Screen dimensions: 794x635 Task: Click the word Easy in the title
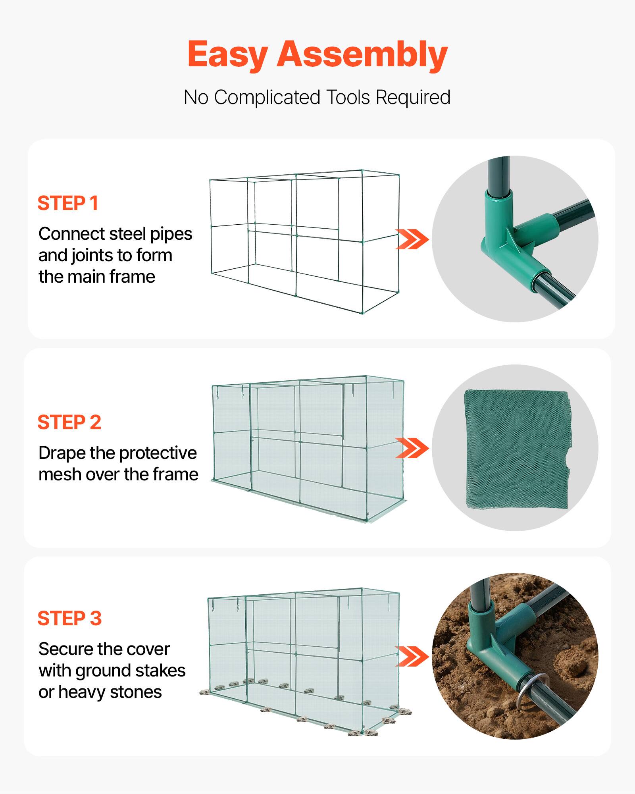227,55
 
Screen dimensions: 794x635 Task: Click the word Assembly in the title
362,54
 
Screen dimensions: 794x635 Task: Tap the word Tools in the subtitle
348,97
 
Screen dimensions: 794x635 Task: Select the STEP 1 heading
68,203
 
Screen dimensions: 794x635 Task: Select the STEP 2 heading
69,422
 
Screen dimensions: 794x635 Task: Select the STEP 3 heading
70,619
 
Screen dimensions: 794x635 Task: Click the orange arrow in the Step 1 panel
412,239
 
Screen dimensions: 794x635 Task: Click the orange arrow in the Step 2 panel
412,448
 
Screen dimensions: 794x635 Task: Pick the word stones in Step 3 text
136,692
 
